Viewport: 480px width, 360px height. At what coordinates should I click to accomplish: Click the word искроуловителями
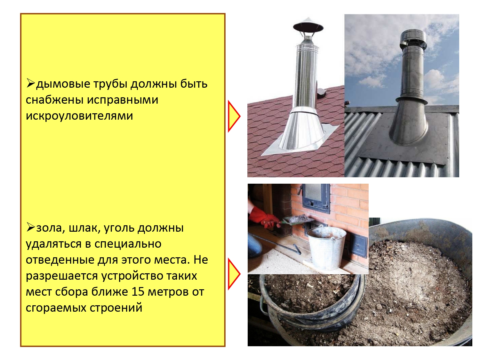pos(79,116)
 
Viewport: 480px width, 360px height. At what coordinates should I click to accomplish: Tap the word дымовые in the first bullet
pos(63,84)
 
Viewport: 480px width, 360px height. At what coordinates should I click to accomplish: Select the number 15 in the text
pos(138,292)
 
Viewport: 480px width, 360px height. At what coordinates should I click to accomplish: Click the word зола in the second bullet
pos(51,228)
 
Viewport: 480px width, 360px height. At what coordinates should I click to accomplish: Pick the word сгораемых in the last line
pos(56,308)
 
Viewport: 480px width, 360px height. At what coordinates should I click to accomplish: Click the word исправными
pos(123,100)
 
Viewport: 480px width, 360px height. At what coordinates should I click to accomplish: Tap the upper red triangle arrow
pos(234,116)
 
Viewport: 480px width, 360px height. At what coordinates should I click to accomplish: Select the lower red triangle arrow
pos(234,274)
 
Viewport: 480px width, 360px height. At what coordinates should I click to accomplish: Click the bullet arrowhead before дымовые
pos(31,83)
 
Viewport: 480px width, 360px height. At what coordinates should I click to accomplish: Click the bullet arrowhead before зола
pos(31,227)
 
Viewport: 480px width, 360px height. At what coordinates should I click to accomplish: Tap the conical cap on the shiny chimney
pos(308,26)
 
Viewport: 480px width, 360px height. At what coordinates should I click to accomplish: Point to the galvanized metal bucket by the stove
pos(326,248)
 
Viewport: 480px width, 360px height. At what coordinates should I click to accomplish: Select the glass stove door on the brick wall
pos(316,198)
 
